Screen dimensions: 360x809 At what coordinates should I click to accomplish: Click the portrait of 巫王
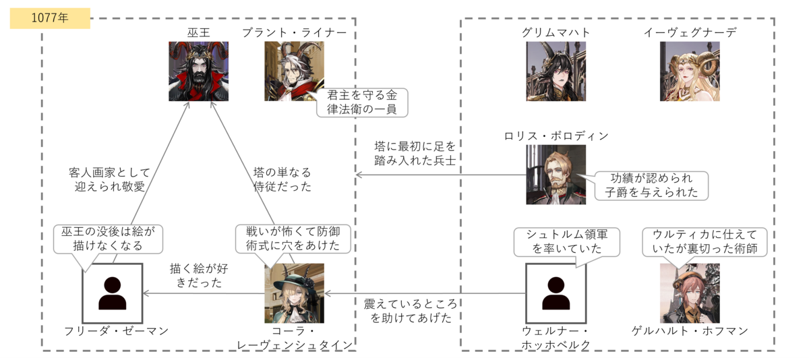point(198,71)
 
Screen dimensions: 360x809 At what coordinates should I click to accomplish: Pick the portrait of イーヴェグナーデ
point(690,71)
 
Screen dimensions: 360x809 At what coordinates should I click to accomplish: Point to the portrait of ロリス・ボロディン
point(556,174)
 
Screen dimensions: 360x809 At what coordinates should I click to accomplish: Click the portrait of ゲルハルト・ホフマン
point(690,293)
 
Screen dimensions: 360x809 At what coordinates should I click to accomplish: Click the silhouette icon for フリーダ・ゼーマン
point(112,293)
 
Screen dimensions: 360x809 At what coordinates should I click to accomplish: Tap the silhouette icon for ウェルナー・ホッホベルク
point(555,293)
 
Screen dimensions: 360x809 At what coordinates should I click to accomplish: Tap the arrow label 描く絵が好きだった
point(196,275)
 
